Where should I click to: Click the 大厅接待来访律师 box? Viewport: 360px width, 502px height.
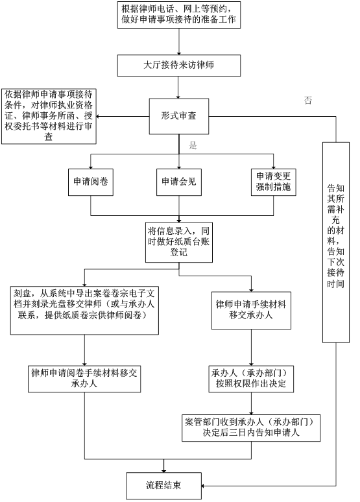[179, 66]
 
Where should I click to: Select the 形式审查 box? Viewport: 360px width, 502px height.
[179, 116]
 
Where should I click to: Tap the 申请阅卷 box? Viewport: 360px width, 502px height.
[91, 182]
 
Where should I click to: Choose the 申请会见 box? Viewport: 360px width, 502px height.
[179, 182]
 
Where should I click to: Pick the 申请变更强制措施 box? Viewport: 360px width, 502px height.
[273, 182]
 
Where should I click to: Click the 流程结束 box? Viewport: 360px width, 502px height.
[163, 486]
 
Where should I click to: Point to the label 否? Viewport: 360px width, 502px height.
[308, 101]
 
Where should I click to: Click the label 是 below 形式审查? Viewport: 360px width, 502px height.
[193, 146]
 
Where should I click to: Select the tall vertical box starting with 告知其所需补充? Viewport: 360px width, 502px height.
[335, 243]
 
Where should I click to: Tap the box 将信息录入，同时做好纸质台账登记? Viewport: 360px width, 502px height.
[179, 243]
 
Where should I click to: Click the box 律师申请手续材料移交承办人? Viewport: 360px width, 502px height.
[251, 310]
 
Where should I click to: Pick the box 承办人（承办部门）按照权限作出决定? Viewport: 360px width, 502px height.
[251, 379]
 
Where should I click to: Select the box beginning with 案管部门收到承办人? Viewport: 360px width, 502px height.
[251, 428]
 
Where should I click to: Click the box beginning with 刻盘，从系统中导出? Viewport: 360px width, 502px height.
[84, 311]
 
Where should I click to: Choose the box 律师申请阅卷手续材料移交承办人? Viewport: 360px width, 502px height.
[84, 379]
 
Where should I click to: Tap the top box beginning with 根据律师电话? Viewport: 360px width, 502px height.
[179, 15]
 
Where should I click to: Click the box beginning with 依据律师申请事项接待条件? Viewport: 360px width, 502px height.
[49, 117]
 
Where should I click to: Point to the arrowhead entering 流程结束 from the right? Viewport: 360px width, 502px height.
[203, 486]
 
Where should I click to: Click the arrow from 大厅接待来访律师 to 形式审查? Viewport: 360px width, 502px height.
[178, 88]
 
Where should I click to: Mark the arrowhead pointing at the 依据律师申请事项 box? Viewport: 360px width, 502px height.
[98, 117]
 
